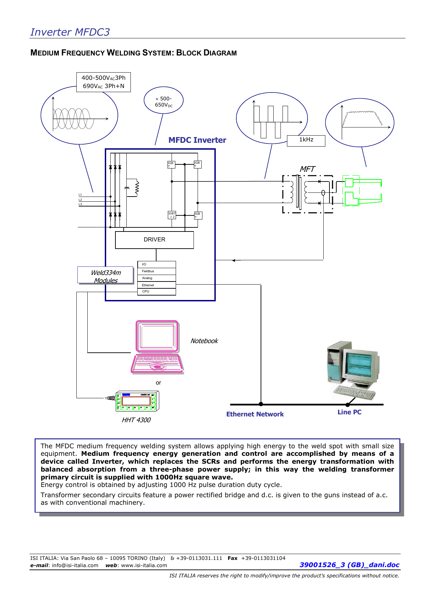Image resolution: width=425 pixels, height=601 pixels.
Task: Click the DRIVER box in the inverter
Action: (154, 240)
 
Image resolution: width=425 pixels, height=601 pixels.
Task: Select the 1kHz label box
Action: (306, 140)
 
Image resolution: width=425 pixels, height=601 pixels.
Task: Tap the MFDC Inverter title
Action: (197, 140)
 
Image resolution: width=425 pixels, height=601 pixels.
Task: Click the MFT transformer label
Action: (307, 169)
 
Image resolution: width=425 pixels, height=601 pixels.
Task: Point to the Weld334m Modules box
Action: (105, 275)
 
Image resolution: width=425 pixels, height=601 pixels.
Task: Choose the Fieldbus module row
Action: (157, 271)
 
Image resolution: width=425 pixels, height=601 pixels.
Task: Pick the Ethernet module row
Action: (157, 285)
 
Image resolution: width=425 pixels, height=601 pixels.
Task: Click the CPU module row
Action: (157, 291)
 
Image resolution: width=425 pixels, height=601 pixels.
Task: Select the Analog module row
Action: (157, 278)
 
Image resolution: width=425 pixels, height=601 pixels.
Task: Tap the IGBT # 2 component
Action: (172, 215)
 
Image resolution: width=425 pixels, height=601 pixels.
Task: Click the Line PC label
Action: (349, 412)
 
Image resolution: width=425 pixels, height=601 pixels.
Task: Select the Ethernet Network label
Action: (255, 414)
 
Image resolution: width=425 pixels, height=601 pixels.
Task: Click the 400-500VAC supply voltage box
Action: (103, 82)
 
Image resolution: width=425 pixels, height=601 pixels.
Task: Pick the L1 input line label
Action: (80, 195)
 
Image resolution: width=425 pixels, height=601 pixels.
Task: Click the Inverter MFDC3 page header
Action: (70, 32)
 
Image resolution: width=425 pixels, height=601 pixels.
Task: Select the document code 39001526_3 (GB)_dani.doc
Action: (349, 565)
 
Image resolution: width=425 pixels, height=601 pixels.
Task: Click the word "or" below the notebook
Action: (158, 383)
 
